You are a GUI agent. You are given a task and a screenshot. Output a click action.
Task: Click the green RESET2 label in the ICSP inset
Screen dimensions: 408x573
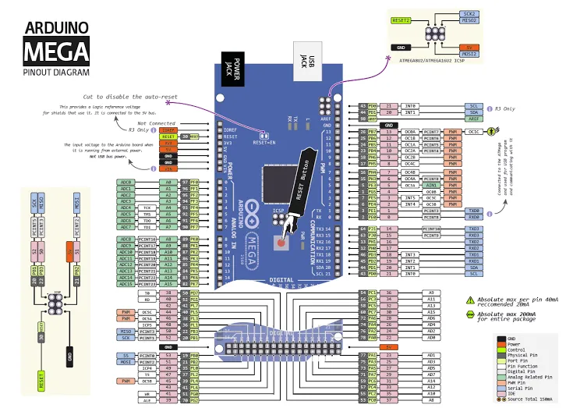click(x=401, y=20)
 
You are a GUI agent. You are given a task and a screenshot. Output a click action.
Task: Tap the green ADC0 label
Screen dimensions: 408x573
click(x=126, y=182)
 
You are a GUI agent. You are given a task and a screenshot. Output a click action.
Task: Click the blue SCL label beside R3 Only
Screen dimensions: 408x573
click(x=473, y=105)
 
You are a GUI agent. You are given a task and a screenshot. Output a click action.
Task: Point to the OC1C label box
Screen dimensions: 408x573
click(x=474, y=133)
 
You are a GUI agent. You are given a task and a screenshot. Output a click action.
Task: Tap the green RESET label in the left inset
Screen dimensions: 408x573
click(x=41, y=381)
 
